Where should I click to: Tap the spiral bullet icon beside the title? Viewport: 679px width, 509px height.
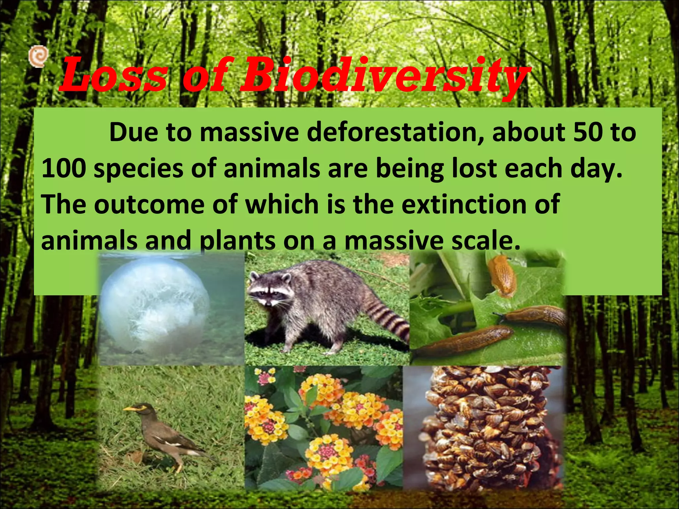click(38, 56)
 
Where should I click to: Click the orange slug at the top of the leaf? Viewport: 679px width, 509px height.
click(502, 275)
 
